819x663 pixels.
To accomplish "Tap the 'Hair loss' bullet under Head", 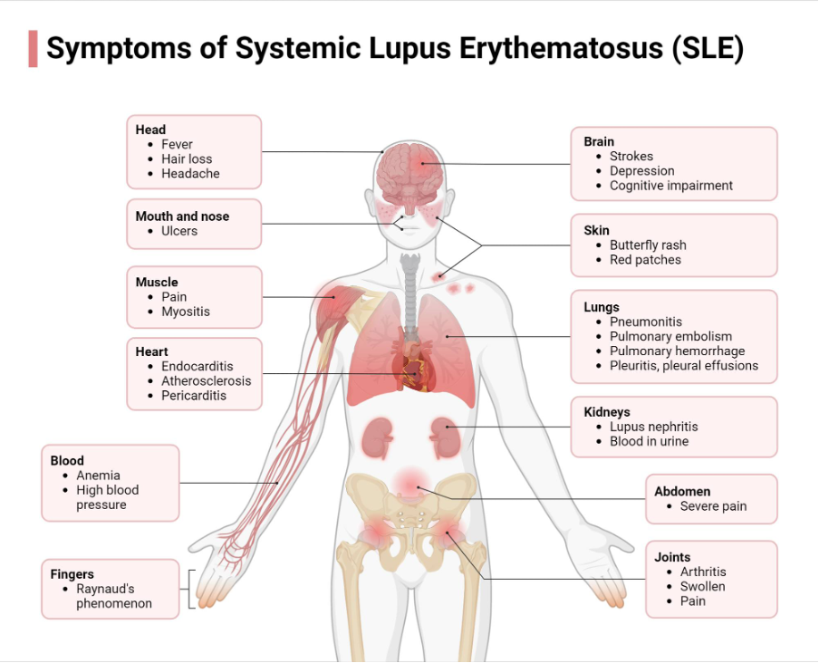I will pyautogui.click(x=187, y=159).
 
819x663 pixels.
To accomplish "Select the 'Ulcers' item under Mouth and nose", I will pyautogui.click(x=179, y=231).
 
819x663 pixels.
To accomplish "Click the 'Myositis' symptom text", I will pyautogui.click(x=186, y=312).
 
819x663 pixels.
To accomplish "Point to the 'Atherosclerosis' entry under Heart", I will pyautogui.click(x=207, y=380).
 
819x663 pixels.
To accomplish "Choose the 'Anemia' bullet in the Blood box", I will pyautogui.click(x=98, y=476).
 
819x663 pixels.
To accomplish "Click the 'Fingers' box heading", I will pyautogui.click(x=72, y=574).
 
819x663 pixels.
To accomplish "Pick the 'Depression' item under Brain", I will pyautogui.click(x=641, y=170).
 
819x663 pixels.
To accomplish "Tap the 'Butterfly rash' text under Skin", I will pyautogui.click(x=648, y=245).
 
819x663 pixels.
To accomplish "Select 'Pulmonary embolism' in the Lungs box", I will pyautogui.click(x=670, y=336).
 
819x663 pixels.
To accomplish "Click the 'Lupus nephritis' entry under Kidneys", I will pyautogui.click(x=653, y=427).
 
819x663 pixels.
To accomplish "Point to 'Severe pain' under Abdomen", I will pyautogui.click(x=713, y=506).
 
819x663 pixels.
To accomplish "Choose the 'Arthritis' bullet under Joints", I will pyautogui.click(x=703, y=572).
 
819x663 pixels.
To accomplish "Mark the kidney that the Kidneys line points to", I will pyautogui.click(x=443, y=437).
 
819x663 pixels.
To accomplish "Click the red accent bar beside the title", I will pyautogui.click(x=33, y=49).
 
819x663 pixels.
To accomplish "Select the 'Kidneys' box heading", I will pyautogui.click(x=607, y=412).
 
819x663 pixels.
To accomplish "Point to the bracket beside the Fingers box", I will pyautogui.click(x=190, y=589).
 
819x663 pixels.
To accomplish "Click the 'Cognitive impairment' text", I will pyautogui.click(x=671, y=185).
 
